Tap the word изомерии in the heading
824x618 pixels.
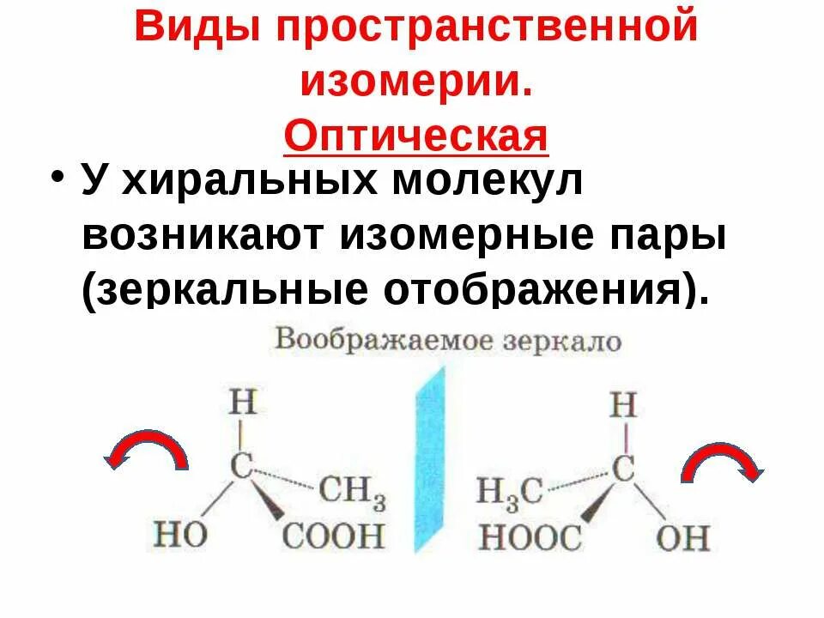tap(413, 82)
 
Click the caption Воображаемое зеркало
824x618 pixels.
tap(446, 340)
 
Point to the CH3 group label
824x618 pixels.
tap(352, 493)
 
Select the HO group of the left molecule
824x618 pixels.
tap(180, 535)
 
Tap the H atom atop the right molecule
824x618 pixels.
tap(622, 404)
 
